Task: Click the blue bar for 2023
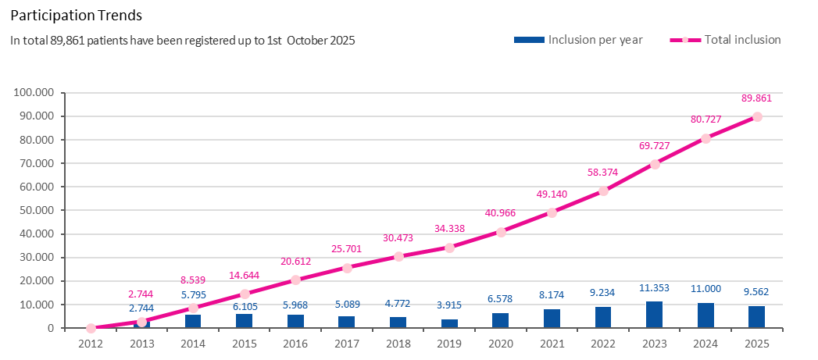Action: (655, 315)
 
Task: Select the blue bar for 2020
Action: (501, 320)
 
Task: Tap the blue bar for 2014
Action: (193, 321)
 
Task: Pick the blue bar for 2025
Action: (757, 317)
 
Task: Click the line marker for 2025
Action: (757, 117)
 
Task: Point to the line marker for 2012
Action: (91, 328)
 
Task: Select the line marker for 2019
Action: (449, 248)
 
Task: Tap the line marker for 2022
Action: (603, 191)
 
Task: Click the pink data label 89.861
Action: (758, 98)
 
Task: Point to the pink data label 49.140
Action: (552, 194)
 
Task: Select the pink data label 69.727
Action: (654, 146)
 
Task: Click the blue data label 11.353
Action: (654, 289)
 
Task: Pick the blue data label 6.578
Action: (501, 299)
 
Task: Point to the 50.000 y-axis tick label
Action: (36, 211)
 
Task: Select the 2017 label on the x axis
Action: (346, 343)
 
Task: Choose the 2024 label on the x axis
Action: (705, 343)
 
